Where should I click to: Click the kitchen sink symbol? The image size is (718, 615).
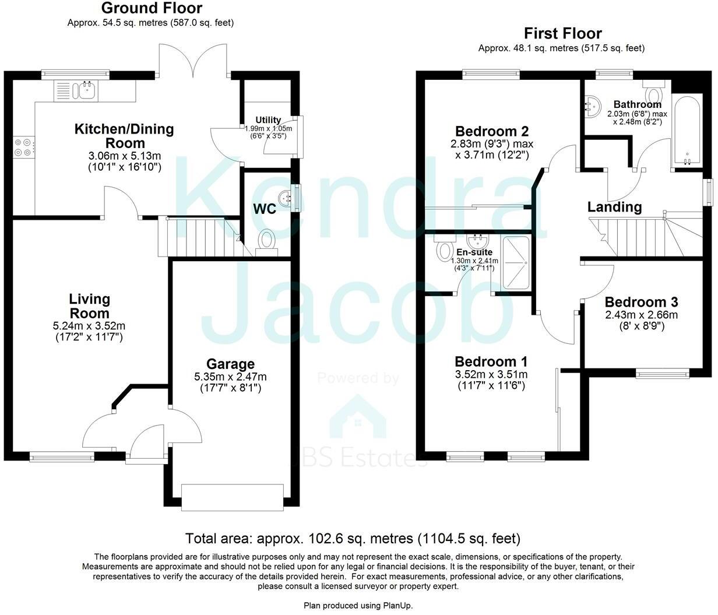[x=88, y=90]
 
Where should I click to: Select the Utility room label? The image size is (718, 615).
[x=268, y=120]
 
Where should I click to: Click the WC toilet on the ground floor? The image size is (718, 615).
[x=267, y=241]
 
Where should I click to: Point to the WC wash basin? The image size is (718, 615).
[x=285, y=198]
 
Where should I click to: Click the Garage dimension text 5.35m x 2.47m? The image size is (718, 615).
[x=232, y=377]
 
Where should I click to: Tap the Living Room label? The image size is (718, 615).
[x=89, y=306]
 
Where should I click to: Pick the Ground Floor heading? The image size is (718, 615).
[x=152, y=8]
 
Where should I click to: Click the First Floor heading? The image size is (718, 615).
[x=562, y=33]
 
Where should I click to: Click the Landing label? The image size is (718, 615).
[x=614, y=206]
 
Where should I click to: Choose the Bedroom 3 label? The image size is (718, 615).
[x=641, y=302]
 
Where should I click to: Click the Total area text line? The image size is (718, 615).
[x=353, y=538]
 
